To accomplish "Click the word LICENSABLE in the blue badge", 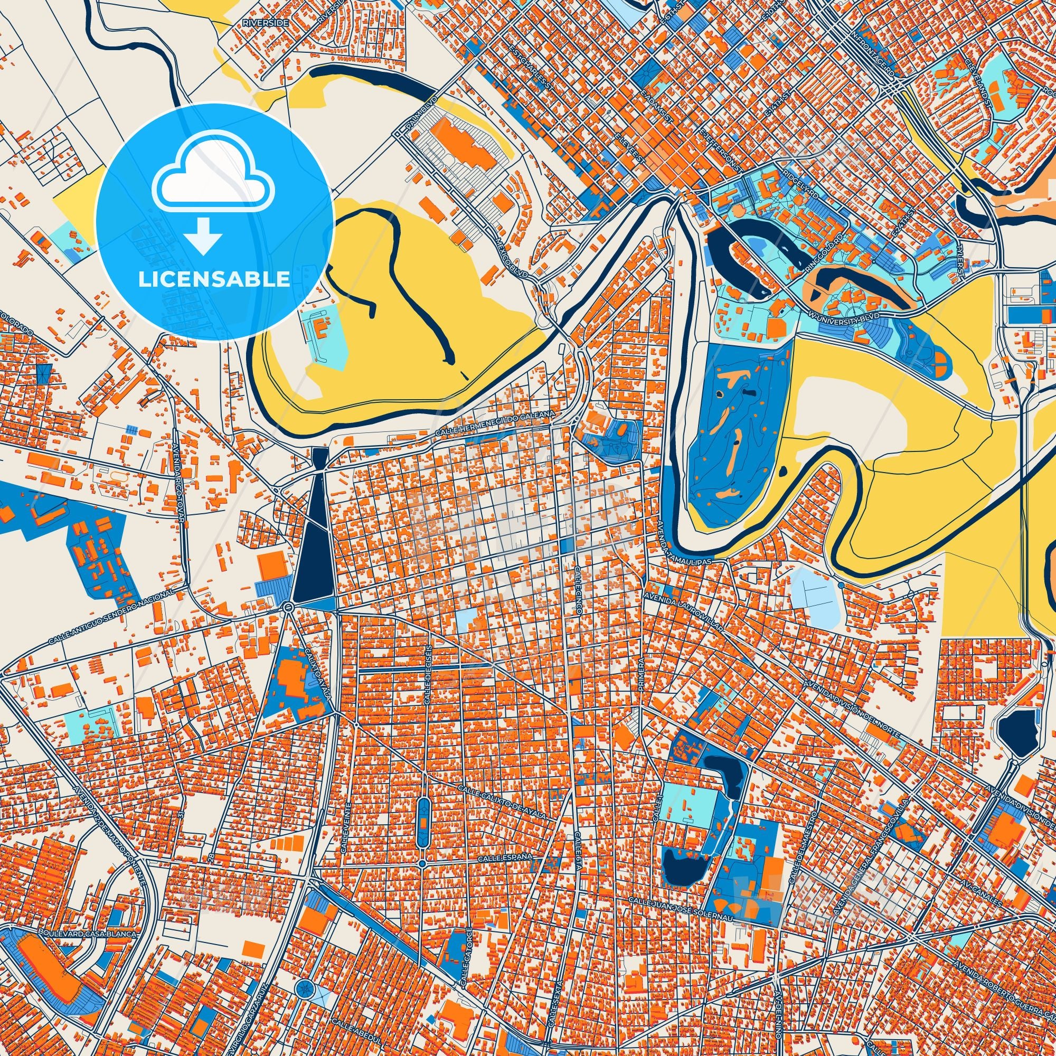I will click(x=214, y=279).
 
